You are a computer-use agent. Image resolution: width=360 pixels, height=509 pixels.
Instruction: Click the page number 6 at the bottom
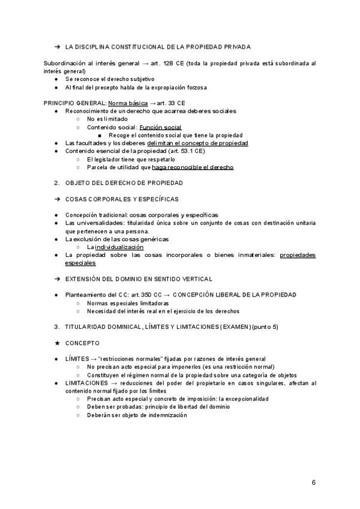(x=314, y=482)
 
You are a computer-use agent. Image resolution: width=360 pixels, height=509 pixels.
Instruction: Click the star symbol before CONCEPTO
(x=56, y=343)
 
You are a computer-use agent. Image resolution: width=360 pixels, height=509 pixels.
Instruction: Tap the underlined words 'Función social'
(x=160, y=127)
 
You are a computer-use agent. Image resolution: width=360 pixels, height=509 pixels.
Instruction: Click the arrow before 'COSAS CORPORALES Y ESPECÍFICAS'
(x=56, y=199)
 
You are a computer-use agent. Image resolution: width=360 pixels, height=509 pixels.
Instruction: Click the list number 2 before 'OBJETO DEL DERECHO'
(x=56, y=182)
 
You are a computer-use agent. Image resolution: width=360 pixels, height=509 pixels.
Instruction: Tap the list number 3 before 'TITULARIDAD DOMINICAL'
(x=56, y=327)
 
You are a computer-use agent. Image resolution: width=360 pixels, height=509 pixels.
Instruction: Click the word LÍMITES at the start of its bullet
(x=77, y=358)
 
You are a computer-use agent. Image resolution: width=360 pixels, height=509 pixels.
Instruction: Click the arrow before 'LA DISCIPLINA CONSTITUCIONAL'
(x=56, y=47)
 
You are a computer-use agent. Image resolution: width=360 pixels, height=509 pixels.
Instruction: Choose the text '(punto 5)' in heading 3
(x=265, y=327)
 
